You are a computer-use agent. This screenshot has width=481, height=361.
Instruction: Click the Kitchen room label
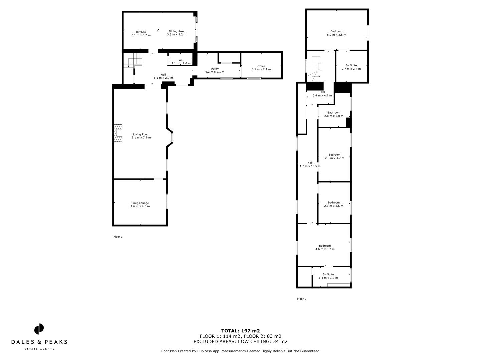141,34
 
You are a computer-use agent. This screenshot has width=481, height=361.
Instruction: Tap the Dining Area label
176,33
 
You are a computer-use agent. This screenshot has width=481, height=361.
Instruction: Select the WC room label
181,62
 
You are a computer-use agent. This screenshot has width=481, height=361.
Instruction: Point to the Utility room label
215,70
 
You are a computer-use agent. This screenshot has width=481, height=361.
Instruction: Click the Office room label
261,68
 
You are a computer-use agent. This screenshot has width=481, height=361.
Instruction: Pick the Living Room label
141,136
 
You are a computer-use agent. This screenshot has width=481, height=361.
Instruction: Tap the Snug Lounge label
140,204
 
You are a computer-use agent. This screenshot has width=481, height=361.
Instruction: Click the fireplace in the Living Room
118,134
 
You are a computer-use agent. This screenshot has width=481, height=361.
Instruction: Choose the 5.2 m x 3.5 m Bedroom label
336,33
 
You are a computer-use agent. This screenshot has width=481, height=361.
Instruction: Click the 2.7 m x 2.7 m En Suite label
351,67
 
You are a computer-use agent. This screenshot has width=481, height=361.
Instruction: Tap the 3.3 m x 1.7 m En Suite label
328,276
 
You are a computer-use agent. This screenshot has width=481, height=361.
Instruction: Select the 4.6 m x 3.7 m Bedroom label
325,247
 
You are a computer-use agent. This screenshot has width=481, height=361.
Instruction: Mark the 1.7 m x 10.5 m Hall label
310,164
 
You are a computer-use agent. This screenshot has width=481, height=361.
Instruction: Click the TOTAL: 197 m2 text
240,331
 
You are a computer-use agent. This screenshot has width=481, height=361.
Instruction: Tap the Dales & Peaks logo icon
39,329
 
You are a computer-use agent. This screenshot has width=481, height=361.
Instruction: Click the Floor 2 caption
301,299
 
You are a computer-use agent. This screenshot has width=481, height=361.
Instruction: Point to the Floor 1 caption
118,237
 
